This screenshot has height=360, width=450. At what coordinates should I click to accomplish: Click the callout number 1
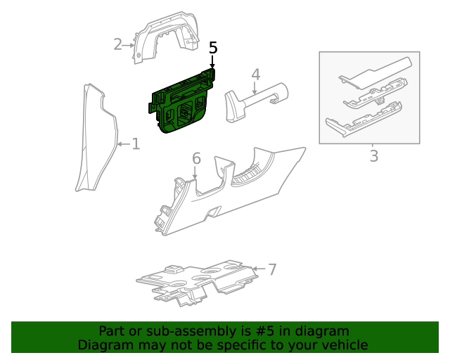click(x=136, y=144)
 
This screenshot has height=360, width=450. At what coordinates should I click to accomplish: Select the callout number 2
click(x=117, y=44)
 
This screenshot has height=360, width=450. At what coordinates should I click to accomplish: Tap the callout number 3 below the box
click(x=373, y=155)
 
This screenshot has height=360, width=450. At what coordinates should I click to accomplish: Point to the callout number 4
click(x=256, y=74)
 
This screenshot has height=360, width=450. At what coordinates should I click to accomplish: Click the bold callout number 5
click(x=213, y=48)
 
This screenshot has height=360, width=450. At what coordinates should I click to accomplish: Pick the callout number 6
click(x=196, y=159)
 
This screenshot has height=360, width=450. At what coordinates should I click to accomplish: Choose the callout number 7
click(x=272, y=269)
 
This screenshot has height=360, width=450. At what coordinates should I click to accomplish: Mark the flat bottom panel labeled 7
click(x=197, y=281)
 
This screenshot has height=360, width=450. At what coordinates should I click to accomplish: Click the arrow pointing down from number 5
click(x=212, y=63)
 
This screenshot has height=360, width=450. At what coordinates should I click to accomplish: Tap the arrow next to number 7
click(x=259, y=269)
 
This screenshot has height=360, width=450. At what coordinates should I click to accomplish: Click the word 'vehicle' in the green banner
click(x=344, y=345)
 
